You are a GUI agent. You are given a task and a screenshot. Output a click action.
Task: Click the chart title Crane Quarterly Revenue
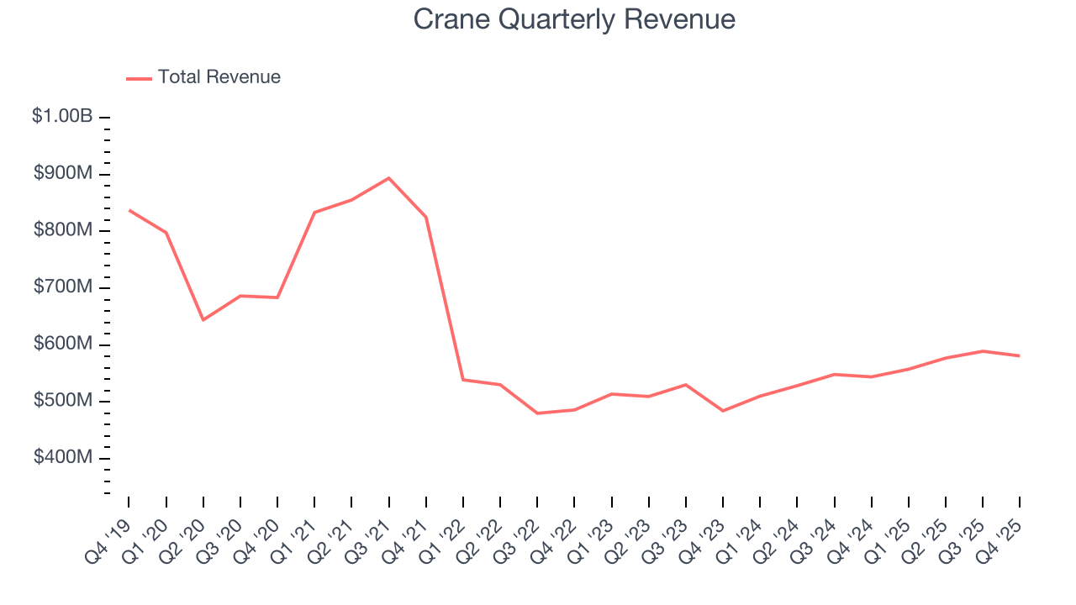(574, 19)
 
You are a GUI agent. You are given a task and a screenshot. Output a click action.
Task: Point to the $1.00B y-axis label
(62, 117)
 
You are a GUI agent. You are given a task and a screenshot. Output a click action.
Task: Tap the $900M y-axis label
(63, 174)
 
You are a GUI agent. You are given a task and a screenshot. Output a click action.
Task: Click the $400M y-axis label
(63, 458)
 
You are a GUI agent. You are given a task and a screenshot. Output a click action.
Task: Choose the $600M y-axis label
(63, 345)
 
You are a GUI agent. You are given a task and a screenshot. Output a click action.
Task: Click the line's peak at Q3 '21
(388, 178)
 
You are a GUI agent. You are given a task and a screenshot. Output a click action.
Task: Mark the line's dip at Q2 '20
(203, 320)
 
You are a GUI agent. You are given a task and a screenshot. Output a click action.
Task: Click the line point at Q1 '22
(463, 380)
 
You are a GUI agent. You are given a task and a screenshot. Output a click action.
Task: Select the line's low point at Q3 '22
(537, 413)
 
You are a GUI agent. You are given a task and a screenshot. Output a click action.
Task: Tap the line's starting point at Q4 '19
(129, 210)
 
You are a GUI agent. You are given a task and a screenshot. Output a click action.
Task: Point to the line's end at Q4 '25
(1019, 355)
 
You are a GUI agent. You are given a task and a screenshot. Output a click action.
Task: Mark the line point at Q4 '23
(723, 411)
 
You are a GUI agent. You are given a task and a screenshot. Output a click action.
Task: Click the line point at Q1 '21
(314, 212)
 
